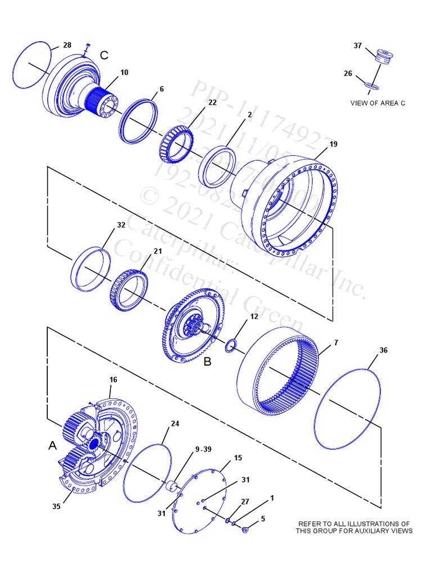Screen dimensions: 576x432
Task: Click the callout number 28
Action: [x=67, y=45]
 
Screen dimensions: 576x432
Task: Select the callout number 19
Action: [x=334, y=145]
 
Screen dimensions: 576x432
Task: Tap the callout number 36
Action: [x=383, y=350]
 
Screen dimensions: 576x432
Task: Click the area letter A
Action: [x=52, y=445]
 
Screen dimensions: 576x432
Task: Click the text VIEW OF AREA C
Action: [x=377, y=102]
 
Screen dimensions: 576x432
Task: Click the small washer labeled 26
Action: [x=371, y=85]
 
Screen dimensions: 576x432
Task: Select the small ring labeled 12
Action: [x=231, y=346]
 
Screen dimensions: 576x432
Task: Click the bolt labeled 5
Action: [x=245, y=529]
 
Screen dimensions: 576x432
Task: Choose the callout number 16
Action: [x=113, y=380]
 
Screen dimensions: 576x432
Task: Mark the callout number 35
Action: [x=56, y=506]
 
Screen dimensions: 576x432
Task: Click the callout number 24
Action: [x=175, y=424]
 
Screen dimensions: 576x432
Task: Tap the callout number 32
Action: [x=121, y=225]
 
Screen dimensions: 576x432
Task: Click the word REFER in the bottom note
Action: [x=310, y=524]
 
